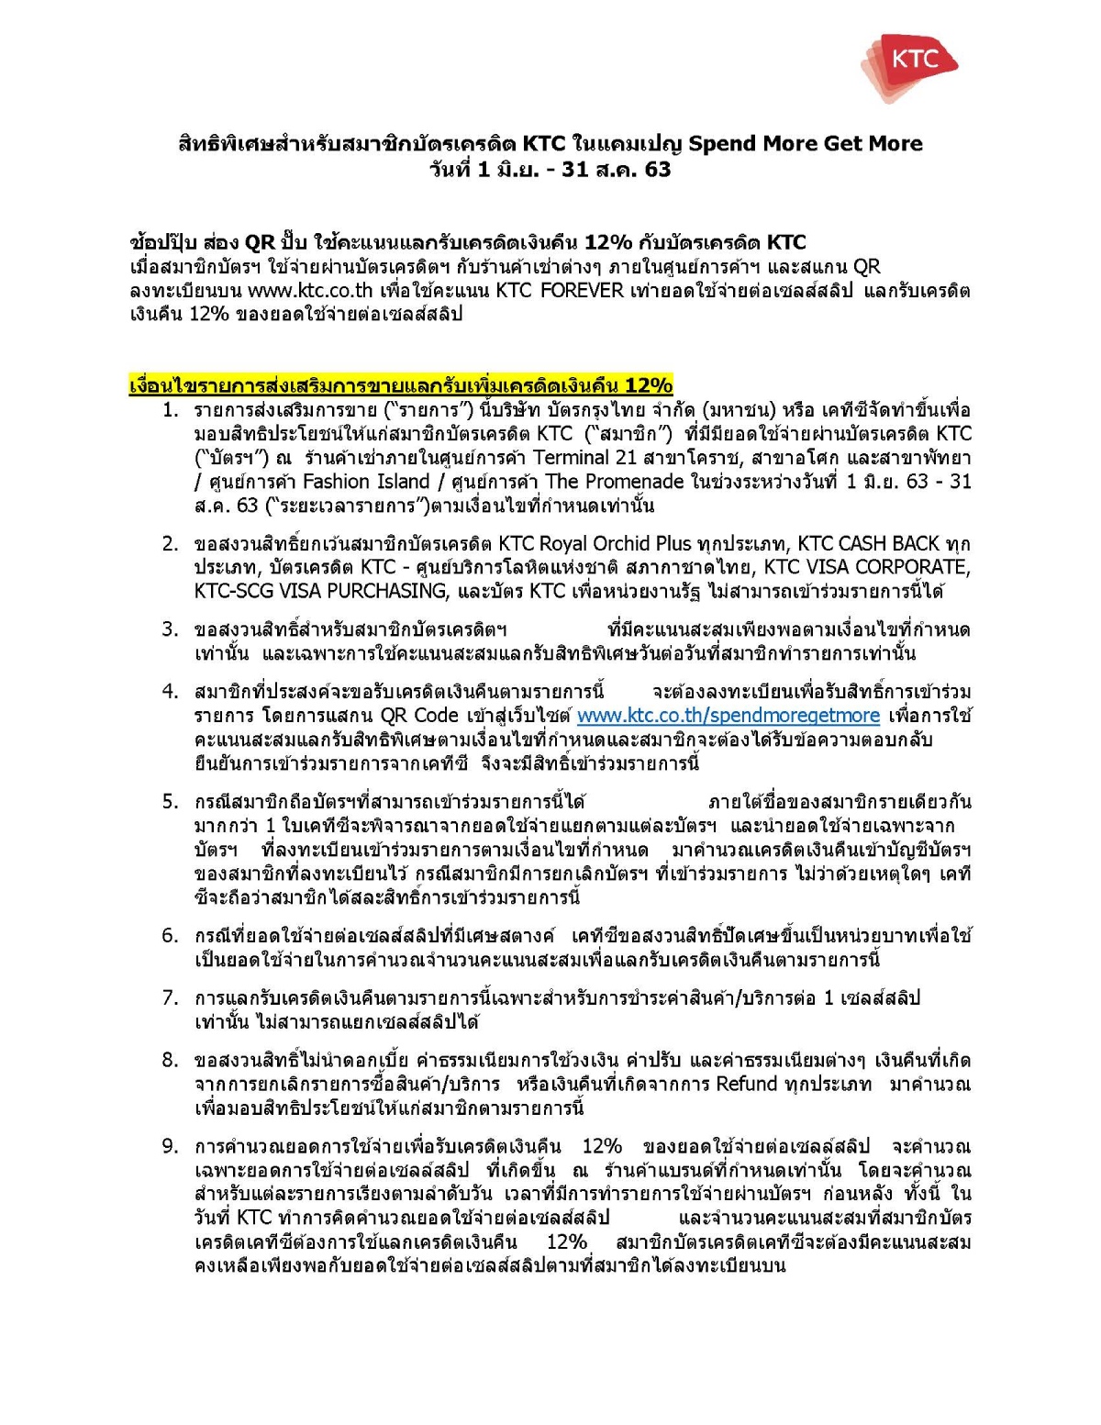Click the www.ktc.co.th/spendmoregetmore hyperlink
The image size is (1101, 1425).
tap(728, 716)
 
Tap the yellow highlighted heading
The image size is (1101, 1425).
tap(401, 385)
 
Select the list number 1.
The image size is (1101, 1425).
tap(170, 410)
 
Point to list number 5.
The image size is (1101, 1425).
tap(170, 802)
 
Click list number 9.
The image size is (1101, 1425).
tap(170, 1146)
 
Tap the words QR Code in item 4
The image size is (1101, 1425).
tap(425, 716)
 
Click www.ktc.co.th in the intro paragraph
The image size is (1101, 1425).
tap(310, 291)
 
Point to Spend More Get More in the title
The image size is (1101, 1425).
tap(805, 144)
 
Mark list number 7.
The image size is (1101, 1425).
tap(170, 998)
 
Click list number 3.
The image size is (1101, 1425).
tap(170, 630)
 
